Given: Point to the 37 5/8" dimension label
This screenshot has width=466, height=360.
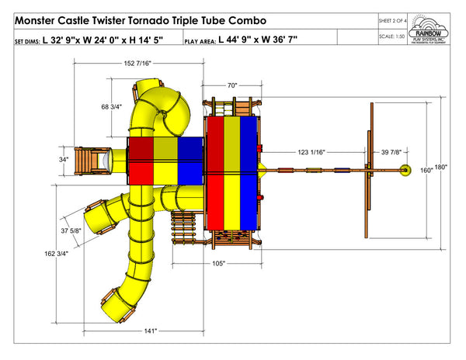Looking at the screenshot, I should pos(71,230).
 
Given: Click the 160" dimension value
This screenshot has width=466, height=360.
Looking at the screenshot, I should pos(427,169).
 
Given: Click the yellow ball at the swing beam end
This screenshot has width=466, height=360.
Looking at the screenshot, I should pos(403,169).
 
